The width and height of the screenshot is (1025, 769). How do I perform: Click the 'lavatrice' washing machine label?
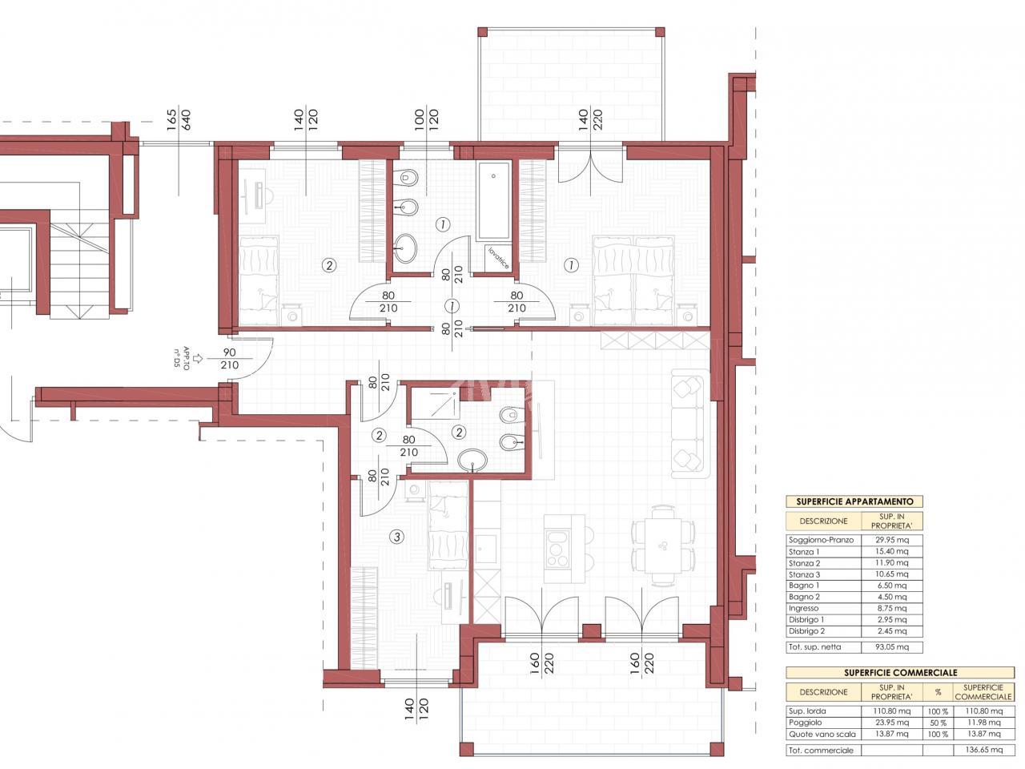pos(498,258)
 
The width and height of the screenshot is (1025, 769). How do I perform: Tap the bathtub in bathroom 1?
pos(493,201)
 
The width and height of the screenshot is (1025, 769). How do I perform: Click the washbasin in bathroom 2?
pos(472,461)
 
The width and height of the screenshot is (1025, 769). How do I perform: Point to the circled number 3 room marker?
pos(397,537)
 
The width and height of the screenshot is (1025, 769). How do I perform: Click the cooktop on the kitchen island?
pos(558,549)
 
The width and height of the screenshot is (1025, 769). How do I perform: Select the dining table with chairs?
pos(662,546)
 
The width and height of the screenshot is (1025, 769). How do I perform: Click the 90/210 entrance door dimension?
pos(229,359)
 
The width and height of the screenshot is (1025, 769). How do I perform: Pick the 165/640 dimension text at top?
pos(179,120)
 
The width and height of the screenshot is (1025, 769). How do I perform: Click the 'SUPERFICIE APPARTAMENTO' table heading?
pos(854,501)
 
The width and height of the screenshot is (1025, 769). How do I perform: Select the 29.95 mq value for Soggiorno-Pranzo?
pos(892,540)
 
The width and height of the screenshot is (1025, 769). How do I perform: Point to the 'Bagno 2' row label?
pos(804,597)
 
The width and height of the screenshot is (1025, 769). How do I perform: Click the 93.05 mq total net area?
pos(892,647)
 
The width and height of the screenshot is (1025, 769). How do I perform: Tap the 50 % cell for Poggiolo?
pos(938,723)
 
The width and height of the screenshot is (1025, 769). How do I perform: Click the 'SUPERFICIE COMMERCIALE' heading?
pos(900,673)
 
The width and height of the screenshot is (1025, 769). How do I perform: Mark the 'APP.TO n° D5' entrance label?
pos(182,358)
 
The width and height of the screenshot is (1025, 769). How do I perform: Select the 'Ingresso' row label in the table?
pos(803,608)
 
